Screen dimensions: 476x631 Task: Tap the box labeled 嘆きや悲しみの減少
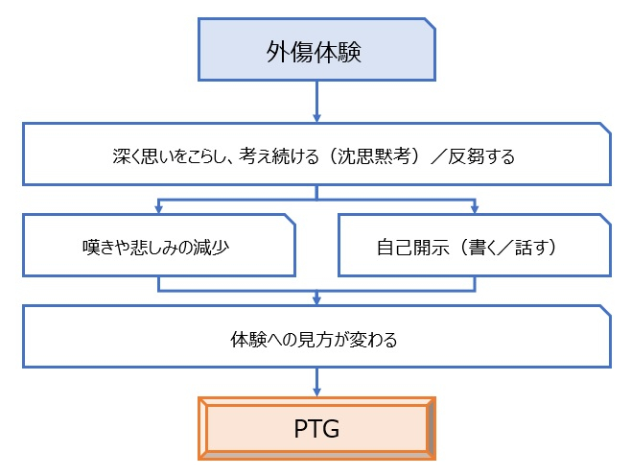pos(158,245)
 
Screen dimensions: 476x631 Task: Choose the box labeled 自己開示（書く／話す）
pos(475,245)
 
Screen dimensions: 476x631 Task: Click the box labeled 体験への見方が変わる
pos(315,337)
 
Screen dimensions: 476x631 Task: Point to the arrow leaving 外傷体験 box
pos(315,101)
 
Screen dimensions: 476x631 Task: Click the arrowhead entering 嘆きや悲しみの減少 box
pos(157,208)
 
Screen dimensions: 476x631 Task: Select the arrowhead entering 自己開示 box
pos(475,208)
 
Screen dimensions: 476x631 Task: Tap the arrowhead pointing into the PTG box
pos(315,390)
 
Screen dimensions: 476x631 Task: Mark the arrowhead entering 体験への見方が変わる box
pos(315,299)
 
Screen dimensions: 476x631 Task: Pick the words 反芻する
pos(484,155)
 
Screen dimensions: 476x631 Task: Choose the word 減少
pos(211,246)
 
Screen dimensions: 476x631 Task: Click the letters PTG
pos(315,428)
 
